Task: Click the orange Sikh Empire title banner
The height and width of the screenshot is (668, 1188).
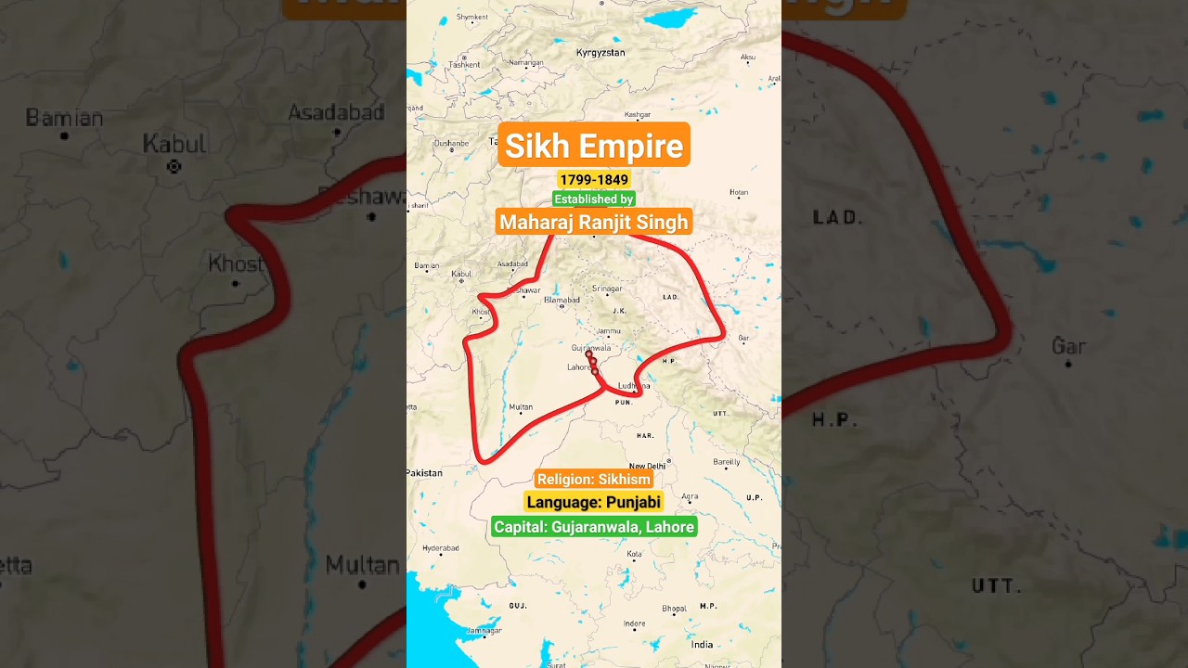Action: pyautogui.click(x=594, y=146)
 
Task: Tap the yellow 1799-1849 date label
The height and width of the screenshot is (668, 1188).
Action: pyautogui.click(x=594, y=179)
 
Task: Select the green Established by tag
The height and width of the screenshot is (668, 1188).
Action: pyautogui.click(x=594, y=199)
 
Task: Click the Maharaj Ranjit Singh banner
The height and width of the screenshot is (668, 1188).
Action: pyautogui.click(x=594, y=222)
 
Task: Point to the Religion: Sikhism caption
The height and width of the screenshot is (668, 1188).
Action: pyautogui.click(x=594, y=480)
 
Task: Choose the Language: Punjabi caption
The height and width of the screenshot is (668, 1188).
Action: pyautogui.click(x=594, y=502)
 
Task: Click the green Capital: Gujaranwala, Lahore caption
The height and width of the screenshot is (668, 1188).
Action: pyautogui.click(x=594, y=527)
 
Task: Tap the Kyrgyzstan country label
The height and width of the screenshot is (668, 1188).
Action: pyautogui.click(x=600, y=53)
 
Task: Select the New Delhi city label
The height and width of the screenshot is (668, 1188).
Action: pyautogui.click(x=648, y=466)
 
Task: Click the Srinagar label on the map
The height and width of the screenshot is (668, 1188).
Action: pyautogui.click(x=607, y=289)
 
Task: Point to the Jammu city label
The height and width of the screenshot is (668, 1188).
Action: pyautogui.click(x=609, y=331)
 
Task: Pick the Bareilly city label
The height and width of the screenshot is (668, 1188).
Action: pyautogui.click(x=727, y=461)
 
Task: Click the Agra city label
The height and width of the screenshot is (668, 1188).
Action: pyautogui.click(x=689, y=497)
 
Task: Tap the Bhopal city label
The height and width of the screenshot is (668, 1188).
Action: pyautogui.click(x=674, y=609)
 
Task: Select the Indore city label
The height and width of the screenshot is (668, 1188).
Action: pyautogui.click(x=635, y=623)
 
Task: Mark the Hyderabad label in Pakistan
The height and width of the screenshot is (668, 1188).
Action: pyautogui.click(x=440, y=548)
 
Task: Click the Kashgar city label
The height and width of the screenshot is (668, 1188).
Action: pyautogui.click(x=638, y=114)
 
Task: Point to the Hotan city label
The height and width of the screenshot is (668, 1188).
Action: pyautogui.click(x=739, y=193)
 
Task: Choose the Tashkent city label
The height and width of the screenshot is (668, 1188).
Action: pyautogui.click(x=464, y=64)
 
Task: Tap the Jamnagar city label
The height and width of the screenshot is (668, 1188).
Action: pyautogui.click(x=484, y=630)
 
